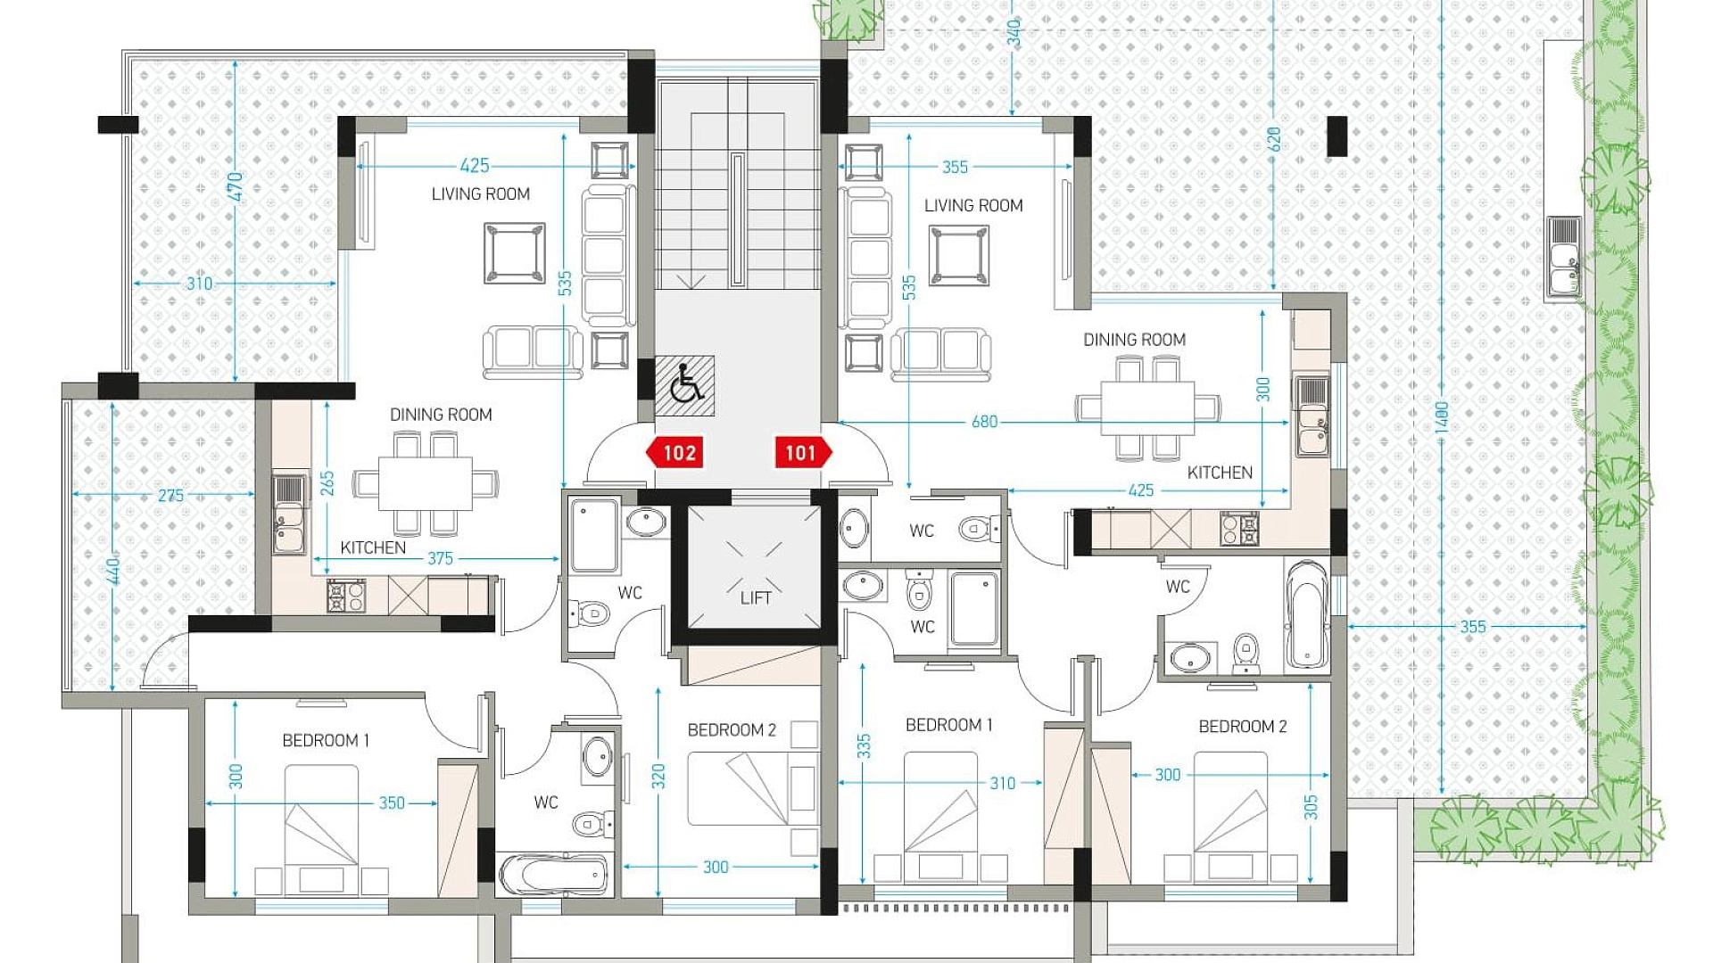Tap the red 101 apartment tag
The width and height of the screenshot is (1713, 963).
(803, 453)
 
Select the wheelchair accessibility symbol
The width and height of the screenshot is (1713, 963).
(685, 385)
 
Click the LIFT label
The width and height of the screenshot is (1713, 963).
(756, 597)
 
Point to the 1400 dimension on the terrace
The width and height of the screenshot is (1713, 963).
(1442, 419)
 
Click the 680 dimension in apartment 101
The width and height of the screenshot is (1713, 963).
(984, 422)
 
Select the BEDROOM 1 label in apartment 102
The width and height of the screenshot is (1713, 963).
(326, 740)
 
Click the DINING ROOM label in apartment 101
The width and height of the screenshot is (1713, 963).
(1134, 340)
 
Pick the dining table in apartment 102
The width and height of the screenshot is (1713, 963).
(426, 484)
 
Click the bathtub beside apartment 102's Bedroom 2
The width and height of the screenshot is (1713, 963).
(554, 875)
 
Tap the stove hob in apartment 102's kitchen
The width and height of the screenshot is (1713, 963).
(346, 597)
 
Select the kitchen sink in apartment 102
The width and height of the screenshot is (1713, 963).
(288, 514)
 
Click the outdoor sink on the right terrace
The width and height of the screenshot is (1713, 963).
(1564, 256)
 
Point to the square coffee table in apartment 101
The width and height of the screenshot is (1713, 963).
(959, 256)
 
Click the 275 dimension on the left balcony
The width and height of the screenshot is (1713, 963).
(170, 495)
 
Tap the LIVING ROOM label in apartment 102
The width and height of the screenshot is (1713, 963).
(480, 193)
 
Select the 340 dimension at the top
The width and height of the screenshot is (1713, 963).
(1014, 33)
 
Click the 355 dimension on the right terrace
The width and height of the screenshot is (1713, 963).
(1473, 627)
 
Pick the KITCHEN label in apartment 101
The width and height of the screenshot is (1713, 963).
(1220, 473)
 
